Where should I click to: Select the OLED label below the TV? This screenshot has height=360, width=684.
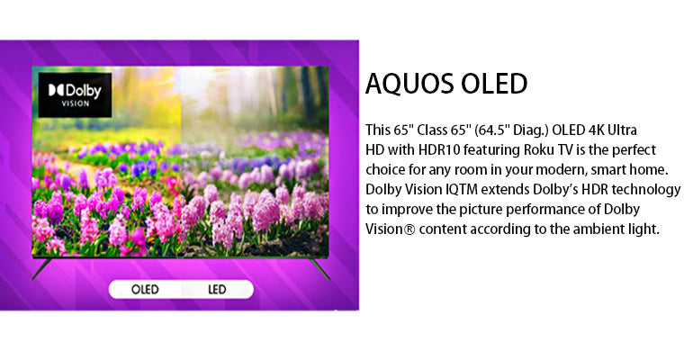tap(145, 289)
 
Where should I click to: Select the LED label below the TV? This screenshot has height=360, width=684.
tap(217, 289)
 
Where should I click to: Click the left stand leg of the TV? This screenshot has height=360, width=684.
tap(40, 267)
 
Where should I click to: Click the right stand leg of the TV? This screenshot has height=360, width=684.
tap(320, 267)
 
